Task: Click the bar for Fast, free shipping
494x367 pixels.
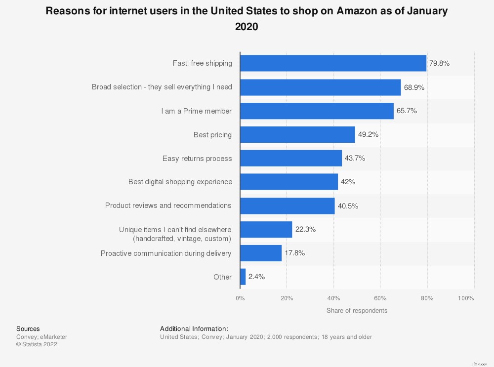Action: (333, 63)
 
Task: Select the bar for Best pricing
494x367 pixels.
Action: (297, 134)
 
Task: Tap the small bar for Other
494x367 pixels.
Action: (243, 277)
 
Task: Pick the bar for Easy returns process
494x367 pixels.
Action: (291, 158)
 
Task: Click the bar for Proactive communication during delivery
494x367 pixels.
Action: (261, 253)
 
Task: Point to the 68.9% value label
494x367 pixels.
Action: (414, 87)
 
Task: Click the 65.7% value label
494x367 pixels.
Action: (407, 111)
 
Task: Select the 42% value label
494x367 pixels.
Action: (348, 182)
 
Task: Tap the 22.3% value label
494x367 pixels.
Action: (306, 229)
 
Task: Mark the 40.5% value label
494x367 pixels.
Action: (348, 205)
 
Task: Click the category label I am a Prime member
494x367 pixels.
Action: (196, 111)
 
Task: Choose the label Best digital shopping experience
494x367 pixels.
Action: (180, 182)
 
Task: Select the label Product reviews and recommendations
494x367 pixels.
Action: (168, 205)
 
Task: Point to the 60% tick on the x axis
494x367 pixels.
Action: (380, 298)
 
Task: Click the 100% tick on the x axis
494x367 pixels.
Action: (466, 298)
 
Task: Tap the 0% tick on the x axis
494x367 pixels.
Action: (240, 298)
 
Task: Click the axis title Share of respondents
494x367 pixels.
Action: (357, 311)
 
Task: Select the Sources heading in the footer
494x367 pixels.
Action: (28, 329)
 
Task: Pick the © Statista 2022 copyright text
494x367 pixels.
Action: (37, 344)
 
